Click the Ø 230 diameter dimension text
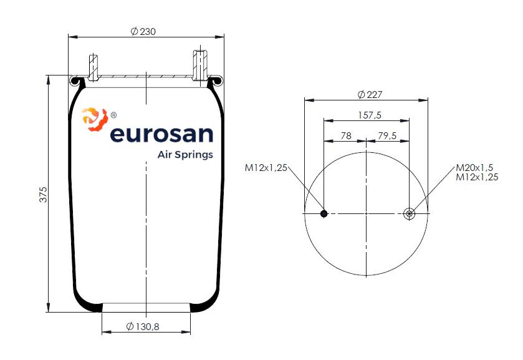143,31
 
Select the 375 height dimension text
44,195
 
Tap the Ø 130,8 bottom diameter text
143,326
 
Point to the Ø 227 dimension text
370,94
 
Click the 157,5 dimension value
370,115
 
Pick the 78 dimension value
346,135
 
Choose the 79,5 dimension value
387,135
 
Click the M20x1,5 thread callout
474,168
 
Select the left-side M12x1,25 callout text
266,168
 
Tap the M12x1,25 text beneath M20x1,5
477,177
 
